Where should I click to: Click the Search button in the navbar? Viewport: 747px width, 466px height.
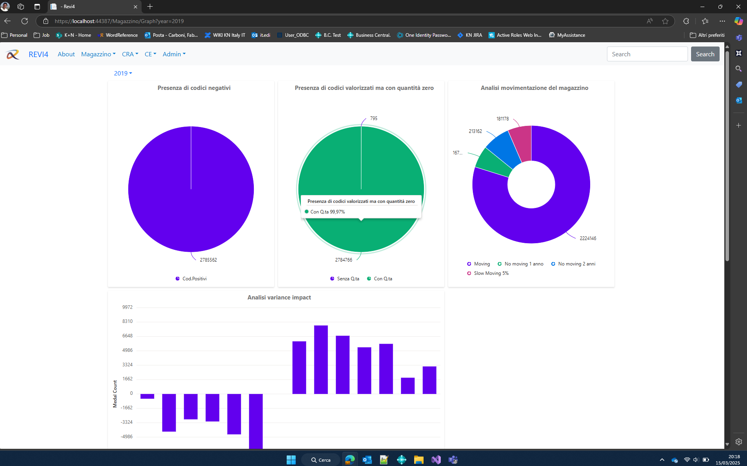705,54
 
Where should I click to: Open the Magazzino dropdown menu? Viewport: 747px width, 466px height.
98,54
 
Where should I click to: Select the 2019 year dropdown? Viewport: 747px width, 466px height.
123,73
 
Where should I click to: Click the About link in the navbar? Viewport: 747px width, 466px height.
66,54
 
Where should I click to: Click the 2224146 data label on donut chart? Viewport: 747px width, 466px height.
587,238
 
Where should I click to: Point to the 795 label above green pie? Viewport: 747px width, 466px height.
373,118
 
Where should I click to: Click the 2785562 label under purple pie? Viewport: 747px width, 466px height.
208,260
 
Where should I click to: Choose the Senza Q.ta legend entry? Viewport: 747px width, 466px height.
348,279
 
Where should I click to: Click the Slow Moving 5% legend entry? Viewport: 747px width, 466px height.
491,273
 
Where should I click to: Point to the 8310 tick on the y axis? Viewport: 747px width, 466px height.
127,321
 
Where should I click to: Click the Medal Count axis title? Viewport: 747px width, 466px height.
115,394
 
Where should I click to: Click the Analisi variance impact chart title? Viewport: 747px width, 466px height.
279,298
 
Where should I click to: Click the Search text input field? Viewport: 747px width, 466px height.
647,54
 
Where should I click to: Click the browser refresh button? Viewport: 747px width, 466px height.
25,21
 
